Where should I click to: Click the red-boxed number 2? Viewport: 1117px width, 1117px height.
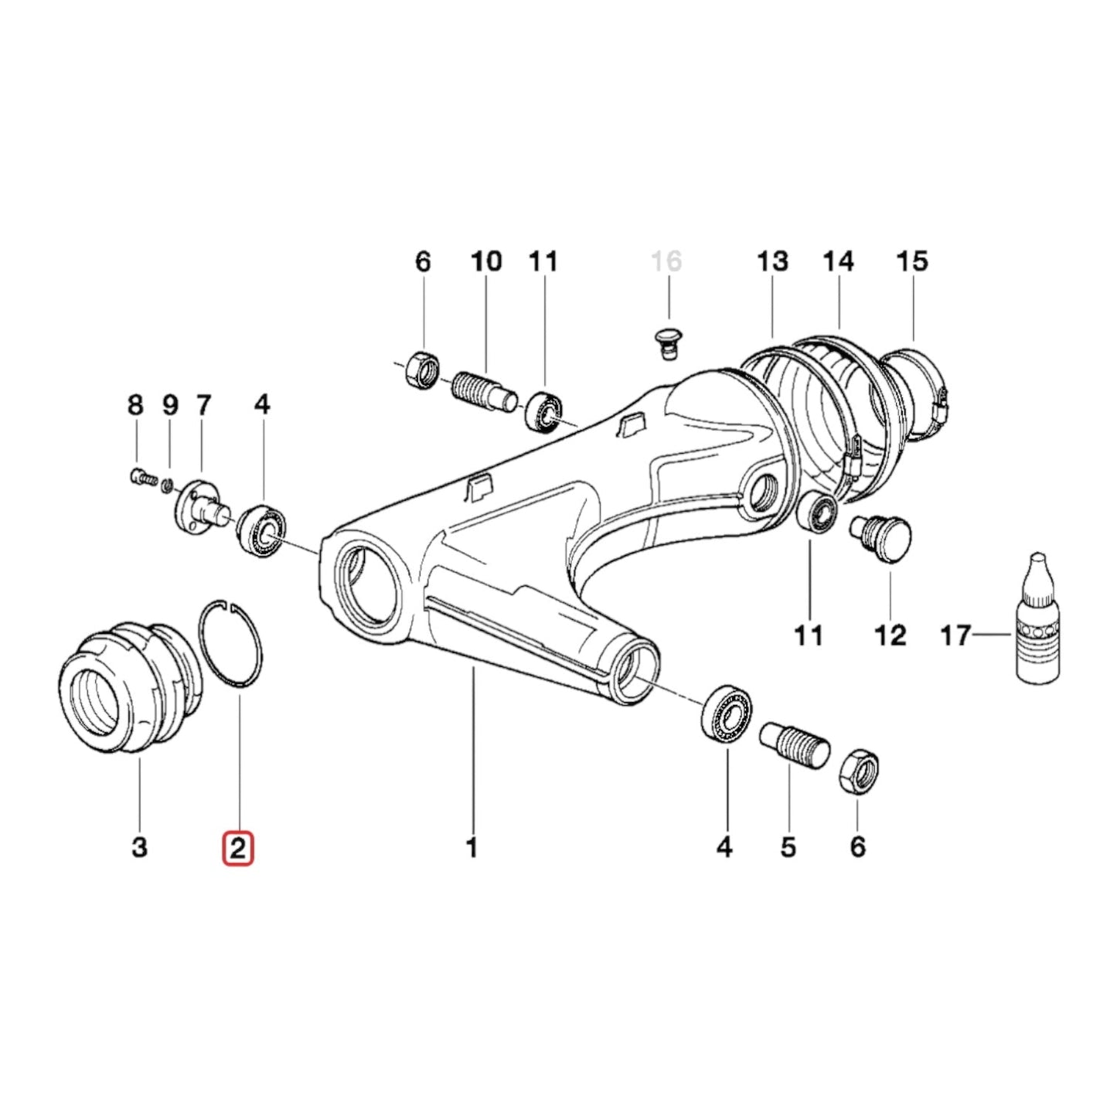pos(237,848)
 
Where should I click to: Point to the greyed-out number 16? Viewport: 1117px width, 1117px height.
pos(666,261)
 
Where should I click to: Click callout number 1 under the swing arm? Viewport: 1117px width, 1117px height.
pos(472,848)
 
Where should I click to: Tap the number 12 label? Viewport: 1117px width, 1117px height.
pos(889,635)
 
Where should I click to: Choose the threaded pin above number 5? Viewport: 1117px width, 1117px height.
pos(794,743)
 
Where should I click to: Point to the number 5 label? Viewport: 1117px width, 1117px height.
pos(788,848)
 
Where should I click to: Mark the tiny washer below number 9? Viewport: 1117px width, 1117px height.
pos(167,485)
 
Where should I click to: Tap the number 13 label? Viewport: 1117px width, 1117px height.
pos(771,261)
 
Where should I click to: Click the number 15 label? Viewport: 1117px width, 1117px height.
pos(911,261)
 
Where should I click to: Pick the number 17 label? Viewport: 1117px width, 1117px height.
pos(955,635)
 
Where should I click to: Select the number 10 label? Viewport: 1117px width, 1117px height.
pos(486,261)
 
